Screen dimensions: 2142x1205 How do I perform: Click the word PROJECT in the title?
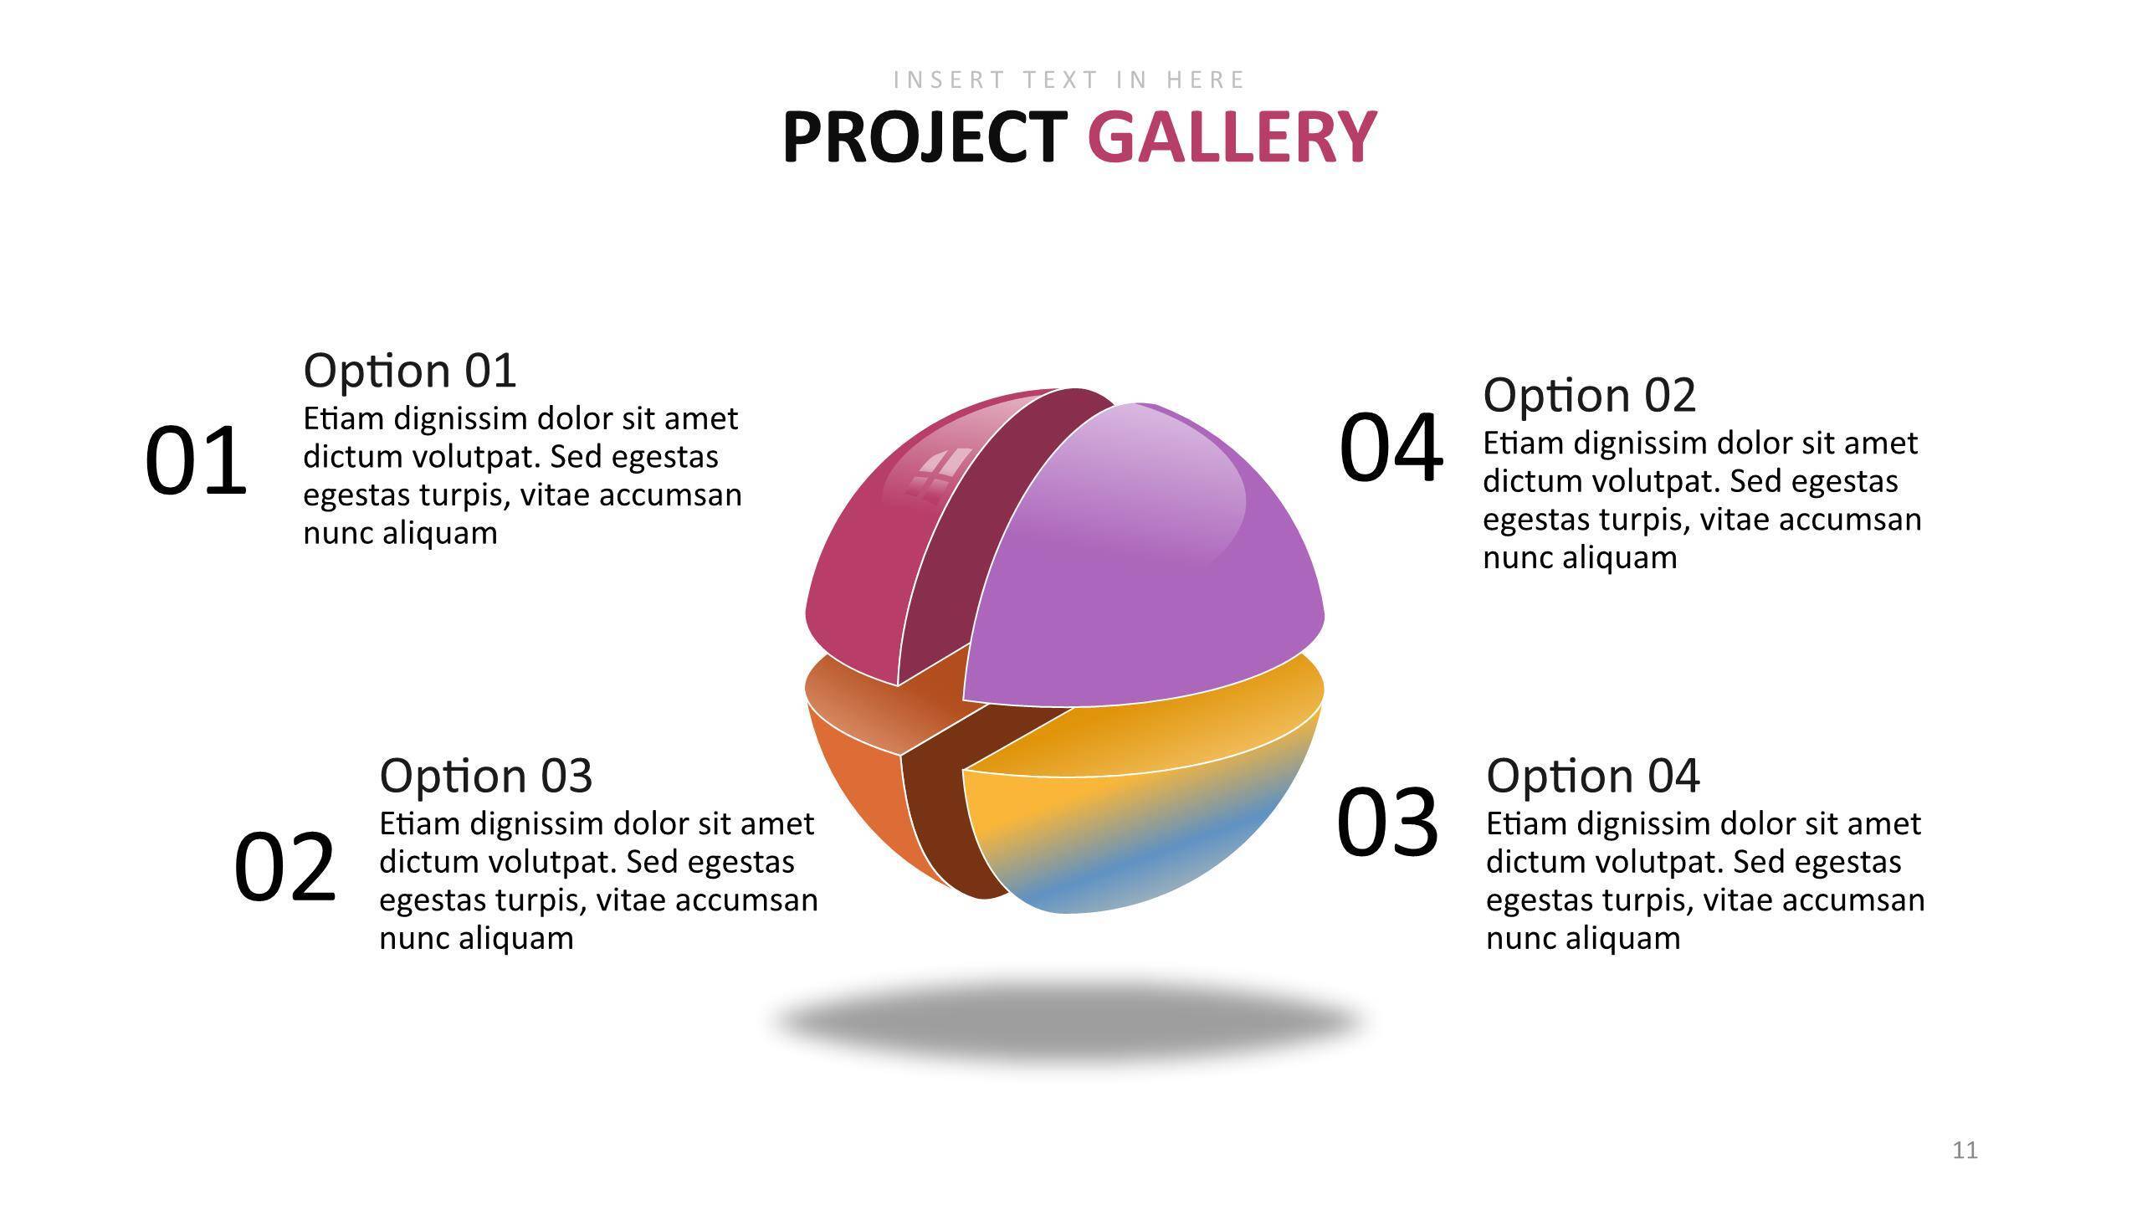[x=925, y=137]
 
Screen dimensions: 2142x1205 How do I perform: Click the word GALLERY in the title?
[x=1232, y=137]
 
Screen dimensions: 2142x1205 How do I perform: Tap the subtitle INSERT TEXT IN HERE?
[x=1070, y=79]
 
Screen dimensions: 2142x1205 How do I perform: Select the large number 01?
[x=196, y=461]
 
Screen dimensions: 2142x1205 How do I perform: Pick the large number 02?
[x=284, y=867]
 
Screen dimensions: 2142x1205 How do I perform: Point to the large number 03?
[x=1387, y=822]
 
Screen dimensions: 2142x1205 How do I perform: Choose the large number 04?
[x=1391, y=447]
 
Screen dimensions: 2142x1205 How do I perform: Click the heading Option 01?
[x=410, y=371]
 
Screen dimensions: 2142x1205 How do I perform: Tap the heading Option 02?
[x=1590, y=395]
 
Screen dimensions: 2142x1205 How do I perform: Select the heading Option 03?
[x=486, y=776]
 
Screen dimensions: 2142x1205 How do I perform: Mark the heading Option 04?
[x=1593, y=776]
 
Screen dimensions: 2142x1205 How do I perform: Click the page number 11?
[x=1965, y=1151]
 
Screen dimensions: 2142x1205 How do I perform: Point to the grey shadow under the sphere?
[x=1069, y=1023]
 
